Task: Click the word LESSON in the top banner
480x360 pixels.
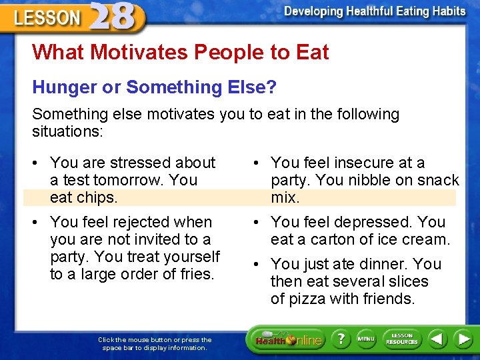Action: (x=47, y=17)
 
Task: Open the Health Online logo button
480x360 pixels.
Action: (x=288, y=340)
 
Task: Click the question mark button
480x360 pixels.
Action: (x=341, y=339)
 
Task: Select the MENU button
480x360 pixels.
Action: (x=366, y=339)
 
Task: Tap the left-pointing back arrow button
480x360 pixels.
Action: (x=437, y=339)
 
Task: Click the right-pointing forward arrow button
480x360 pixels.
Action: (x=463, y=339)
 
